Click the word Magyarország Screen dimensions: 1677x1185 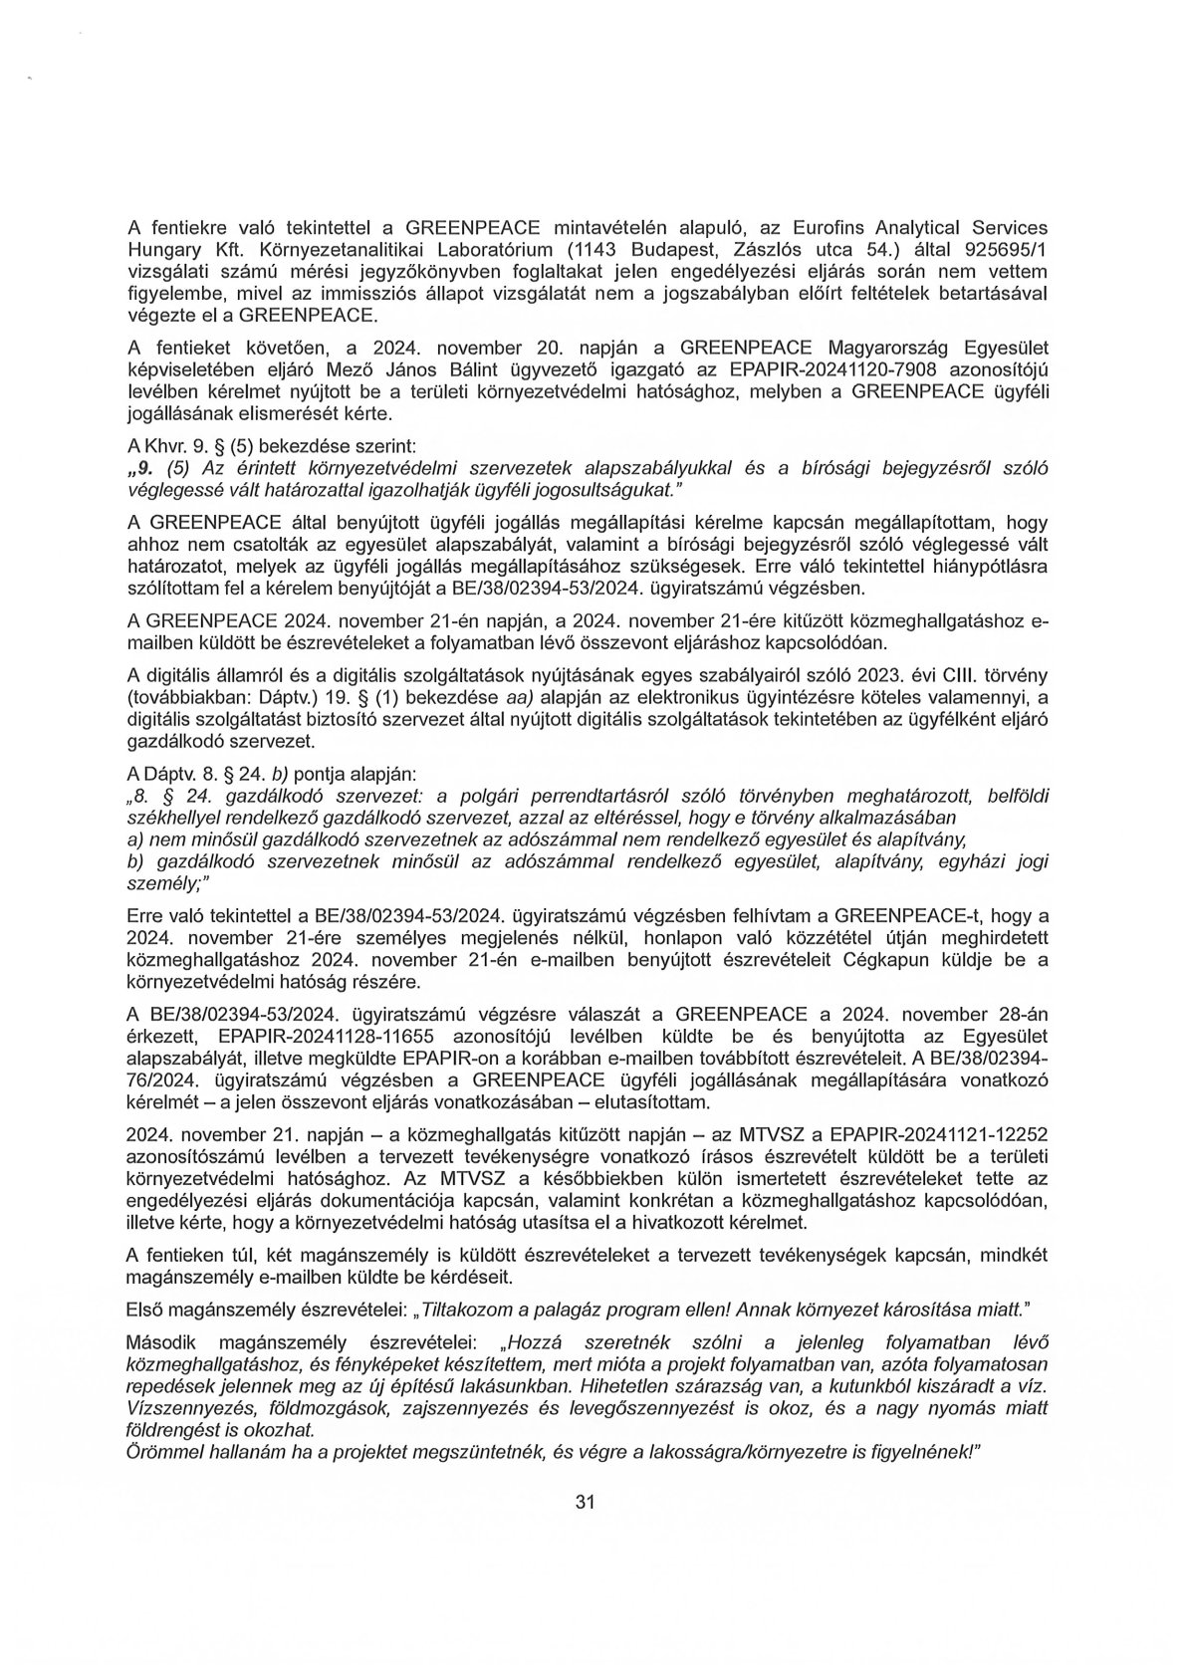(x=889, y=372)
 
